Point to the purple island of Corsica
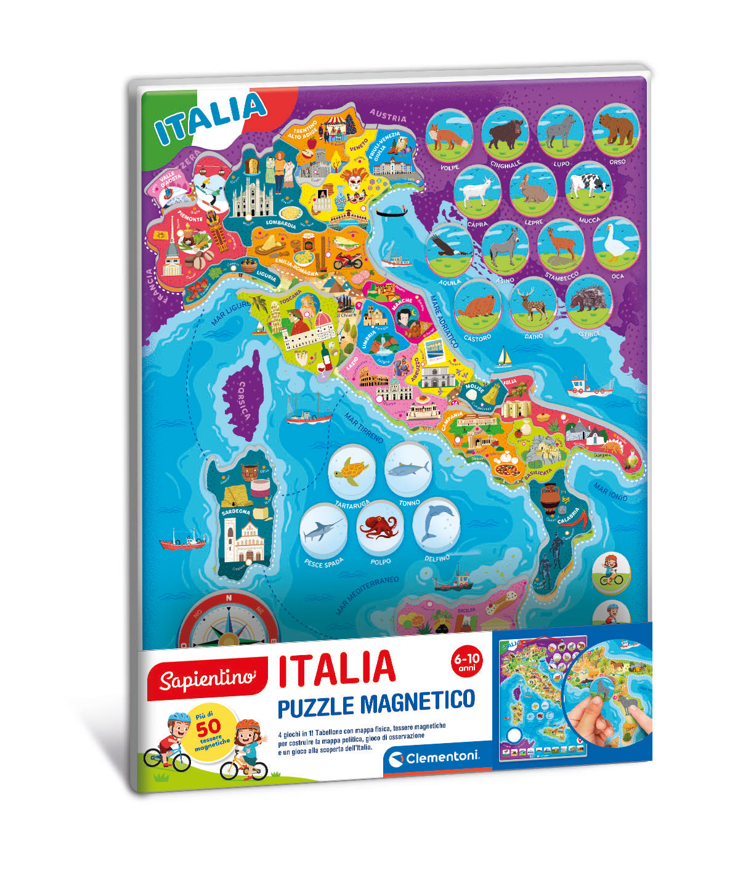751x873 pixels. (x=243, y=394)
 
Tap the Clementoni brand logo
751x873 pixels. (x=431, y=757)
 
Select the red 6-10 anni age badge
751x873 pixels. (x=468, y=662)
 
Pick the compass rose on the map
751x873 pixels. (x=229, y=622)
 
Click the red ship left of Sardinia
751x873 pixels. (x=183, y=542)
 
